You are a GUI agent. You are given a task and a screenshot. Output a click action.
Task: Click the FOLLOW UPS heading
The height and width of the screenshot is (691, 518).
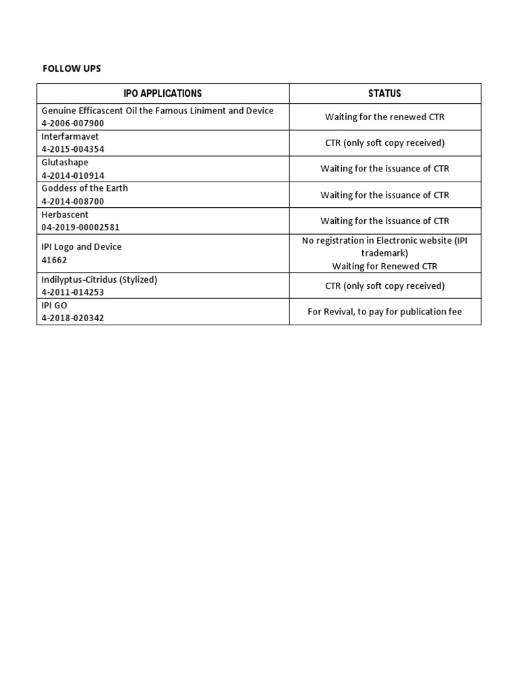tap(71, 69)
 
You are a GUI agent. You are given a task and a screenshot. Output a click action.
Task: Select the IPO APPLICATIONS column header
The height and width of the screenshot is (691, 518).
tap(163, 93)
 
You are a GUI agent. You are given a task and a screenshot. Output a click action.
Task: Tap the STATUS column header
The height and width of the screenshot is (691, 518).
tap(385, 93)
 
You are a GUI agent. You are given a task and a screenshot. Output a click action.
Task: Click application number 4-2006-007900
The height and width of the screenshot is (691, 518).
tap(73, 123)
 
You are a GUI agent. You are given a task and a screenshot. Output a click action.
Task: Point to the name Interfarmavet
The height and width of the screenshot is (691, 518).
tap(70, 136)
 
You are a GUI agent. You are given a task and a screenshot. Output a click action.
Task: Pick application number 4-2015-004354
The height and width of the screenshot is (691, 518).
tap(73, 149)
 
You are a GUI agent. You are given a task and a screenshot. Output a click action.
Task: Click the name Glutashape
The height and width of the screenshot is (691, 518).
tap(65, 163)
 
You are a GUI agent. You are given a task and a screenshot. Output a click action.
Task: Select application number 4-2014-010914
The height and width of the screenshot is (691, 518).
tap(73, 175)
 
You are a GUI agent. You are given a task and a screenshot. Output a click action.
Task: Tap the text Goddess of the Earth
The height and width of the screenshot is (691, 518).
tap(84, 188)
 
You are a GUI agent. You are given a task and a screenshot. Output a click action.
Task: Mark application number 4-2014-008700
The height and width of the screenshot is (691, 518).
tap(73, 201)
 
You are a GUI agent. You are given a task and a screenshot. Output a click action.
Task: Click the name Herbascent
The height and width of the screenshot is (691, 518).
tap(65, 215)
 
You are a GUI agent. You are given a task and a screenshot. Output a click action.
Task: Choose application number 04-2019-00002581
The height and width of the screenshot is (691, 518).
tap(80, 227)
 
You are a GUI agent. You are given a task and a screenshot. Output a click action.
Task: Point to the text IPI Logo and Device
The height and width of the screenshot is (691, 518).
tap(82, 247)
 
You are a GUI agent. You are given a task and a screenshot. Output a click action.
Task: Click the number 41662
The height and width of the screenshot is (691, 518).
tap(55, 260)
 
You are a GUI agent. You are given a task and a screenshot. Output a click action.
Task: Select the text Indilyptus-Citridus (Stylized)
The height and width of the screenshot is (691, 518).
tap(99, 279)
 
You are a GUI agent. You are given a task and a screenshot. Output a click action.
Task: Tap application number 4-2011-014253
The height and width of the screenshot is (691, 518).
tap(73, 292)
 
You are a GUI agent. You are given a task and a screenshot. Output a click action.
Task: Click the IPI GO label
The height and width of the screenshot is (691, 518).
tap(55, 306)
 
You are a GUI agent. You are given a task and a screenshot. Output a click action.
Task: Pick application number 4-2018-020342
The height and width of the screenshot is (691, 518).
tap(73, 319)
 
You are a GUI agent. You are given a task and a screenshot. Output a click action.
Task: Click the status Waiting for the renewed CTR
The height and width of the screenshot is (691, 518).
tap(384, 117)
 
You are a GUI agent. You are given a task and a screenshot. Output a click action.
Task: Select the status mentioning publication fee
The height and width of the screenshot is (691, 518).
tap(384, 312)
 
